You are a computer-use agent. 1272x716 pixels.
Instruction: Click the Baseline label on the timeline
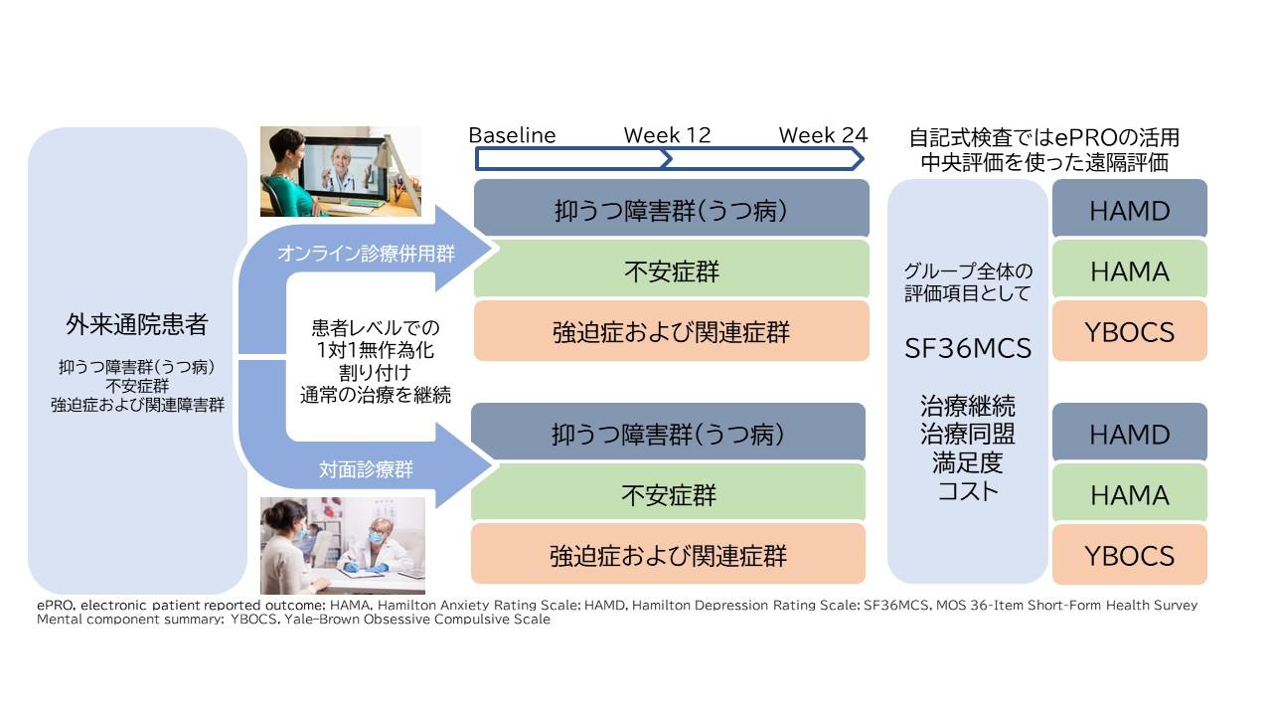[x=512, y=135]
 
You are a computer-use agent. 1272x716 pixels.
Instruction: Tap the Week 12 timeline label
[x=667, y=135]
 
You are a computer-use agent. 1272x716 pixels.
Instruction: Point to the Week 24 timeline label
[x=822, y=135]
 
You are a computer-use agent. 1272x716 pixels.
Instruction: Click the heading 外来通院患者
[x=137, y=324]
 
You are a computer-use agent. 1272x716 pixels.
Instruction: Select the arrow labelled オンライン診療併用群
[x=366, y=254]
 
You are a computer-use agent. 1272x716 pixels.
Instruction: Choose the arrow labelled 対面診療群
[x=366, y=468]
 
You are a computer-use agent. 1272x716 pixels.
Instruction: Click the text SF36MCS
[x=967, y=348]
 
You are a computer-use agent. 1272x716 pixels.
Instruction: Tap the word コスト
[x=967, y=490]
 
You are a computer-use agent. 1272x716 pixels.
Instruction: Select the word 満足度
[x=967, y=462]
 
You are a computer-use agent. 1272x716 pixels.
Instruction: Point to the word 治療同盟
[x=967, y=435]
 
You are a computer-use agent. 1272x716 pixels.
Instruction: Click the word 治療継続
[x=967, y=407]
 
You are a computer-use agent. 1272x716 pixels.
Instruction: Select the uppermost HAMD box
[x=1129, y=210]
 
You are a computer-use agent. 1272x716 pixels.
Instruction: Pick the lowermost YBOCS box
[x=1129, y=555]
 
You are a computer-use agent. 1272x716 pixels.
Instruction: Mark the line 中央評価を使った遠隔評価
[x=1043, y=162]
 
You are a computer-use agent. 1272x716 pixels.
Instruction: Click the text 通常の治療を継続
[x=375, y=395]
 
